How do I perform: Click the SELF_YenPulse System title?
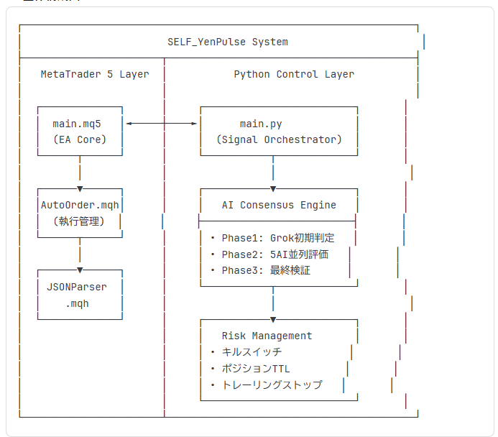click(227, 42)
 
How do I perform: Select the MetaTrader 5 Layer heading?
click(94, 74)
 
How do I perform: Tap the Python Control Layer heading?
click(293, 74)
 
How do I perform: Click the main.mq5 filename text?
click(80, 124)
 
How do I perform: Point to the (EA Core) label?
click(80, 139)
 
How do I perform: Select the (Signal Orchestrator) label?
click(279, 139)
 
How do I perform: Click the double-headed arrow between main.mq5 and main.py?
click(162, 124)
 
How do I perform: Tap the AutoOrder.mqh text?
click(80, 205)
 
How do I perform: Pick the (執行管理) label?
click(80, 221)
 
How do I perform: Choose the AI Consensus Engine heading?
click(279, 205)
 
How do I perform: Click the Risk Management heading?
click(267, 336)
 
